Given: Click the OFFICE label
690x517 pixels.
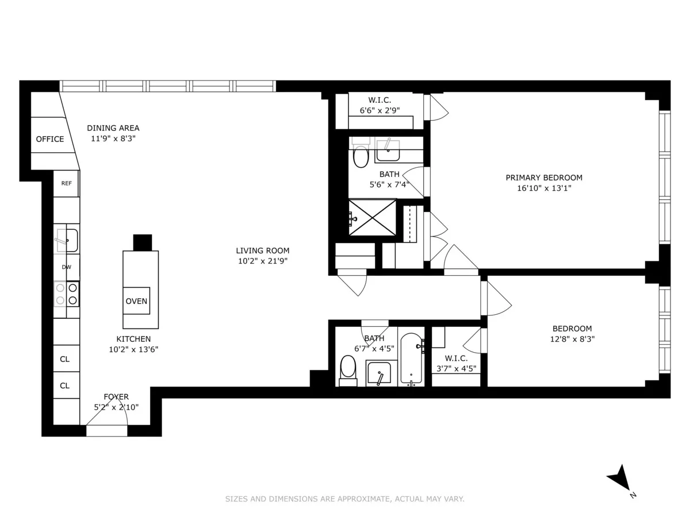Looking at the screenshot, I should [50, 139].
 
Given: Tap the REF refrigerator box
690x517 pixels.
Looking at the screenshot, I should [66, 184].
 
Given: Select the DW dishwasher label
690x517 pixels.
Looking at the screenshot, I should [66, 267].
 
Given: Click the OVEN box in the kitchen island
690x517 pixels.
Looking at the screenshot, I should [136, 301].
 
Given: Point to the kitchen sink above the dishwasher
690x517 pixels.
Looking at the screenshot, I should [67, 240].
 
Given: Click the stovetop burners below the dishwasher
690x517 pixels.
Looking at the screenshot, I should [67, 294].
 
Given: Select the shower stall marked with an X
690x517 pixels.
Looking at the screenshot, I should [373, 218].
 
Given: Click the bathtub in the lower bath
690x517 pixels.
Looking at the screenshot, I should [411, 358].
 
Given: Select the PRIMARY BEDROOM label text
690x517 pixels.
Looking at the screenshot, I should [544, 178].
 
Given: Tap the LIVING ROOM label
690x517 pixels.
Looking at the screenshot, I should [262, 250].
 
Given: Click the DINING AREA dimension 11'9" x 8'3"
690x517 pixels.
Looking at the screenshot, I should [113, 138].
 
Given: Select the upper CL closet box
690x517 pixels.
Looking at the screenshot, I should [65, 359].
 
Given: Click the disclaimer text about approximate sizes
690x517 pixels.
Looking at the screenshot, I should [344, 499].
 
